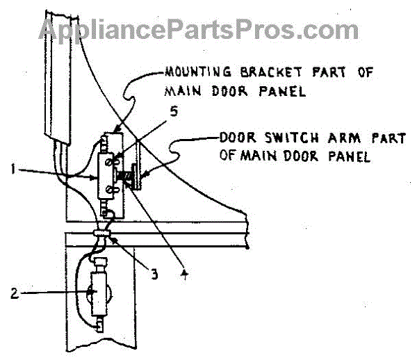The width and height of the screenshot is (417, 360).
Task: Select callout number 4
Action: point(183,274)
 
